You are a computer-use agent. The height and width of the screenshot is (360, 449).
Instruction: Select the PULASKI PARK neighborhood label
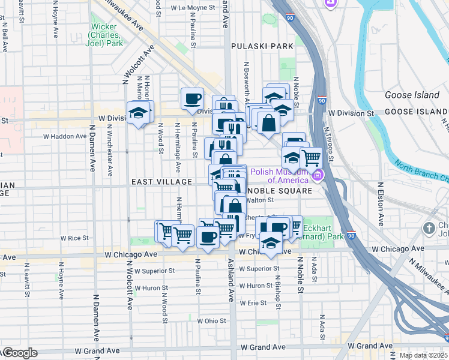[x=259, y=46]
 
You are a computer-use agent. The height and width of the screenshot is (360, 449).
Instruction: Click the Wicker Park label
[x=106, y=35]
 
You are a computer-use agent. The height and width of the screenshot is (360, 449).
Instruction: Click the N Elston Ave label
[x=381, y=204]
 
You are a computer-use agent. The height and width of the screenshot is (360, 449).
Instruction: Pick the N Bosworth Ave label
[x=246, y=78]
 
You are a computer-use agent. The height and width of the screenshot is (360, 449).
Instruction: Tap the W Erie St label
[x=253, y=303]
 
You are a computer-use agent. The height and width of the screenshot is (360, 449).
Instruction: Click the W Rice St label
[x=78, y=238]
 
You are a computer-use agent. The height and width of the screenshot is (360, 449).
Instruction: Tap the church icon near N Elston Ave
[x=429, y=228]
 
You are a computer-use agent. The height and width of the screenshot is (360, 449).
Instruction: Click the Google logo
[x=19, y=353]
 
